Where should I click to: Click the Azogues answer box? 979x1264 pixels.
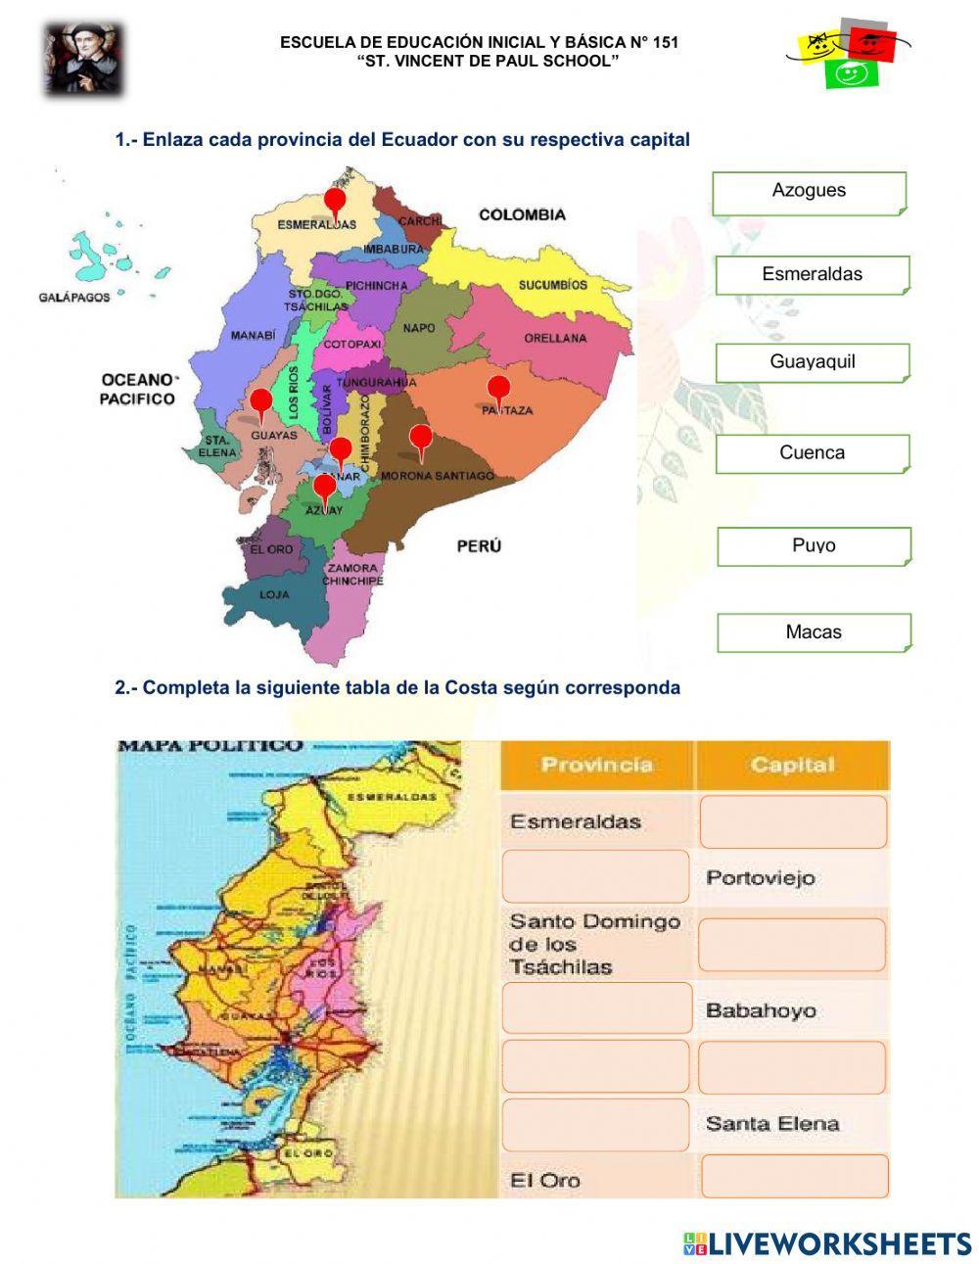[809, 193]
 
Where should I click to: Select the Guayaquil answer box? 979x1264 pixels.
[812, 362]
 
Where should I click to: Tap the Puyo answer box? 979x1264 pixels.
[814, 546]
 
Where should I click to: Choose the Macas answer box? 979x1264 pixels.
[814, 632]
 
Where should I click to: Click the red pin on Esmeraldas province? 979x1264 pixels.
[336, 203]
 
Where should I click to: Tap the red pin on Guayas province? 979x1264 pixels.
[260, 401]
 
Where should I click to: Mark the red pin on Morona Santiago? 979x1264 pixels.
[420, 439]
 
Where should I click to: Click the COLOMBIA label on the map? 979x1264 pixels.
[522, 214]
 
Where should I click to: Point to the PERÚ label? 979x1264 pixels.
[479, 545]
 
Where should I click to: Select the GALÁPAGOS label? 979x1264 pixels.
[74, 297]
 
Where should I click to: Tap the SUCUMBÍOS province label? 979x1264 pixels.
[553, 285]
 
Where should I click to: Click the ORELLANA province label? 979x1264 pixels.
[555, 338]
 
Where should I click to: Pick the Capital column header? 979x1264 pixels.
[792, 765]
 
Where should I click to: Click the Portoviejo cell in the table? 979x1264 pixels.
[761, 877]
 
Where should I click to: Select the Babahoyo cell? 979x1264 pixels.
[761, 1010]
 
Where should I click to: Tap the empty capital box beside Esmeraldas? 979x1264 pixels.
[792, 821]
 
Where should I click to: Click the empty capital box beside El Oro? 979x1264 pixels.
[794, 1176]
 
